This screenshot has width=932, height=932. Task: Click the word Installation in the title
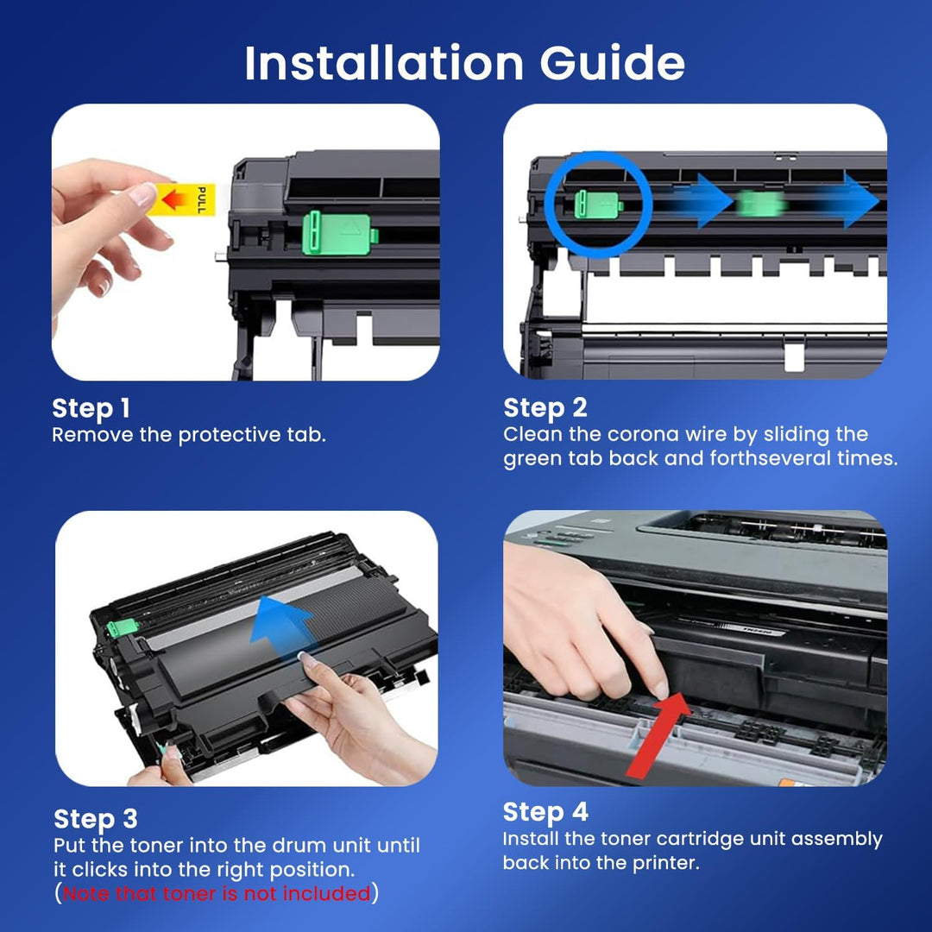point(384,62)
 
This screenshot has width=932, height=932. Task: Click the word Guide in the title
point(612,62)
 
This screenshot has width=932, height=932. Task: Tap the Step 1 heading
point(91,408)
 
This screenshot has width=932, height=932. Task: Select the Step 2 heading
point(545,407)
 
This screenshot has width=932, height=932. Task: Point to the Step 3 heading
point(96,819)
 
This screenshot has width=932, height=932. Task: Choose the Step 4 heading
point(545,812)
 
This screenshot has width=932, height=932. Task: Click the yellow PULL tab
point(182,199)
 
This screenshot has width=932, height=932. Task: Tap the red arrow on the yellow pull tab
point(173,199)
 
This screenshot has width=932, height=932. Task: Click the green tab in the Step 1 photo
point(340,233)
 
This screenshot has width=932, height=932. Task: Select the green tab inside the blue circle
point(598,205)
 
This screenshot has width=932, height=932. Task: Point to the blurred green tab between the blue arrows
point(761,204)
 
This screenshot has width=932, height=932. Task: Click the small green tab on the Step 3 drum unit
point(123,627)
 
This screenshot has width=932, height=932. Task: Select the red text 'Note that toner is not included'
point(217,893)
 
